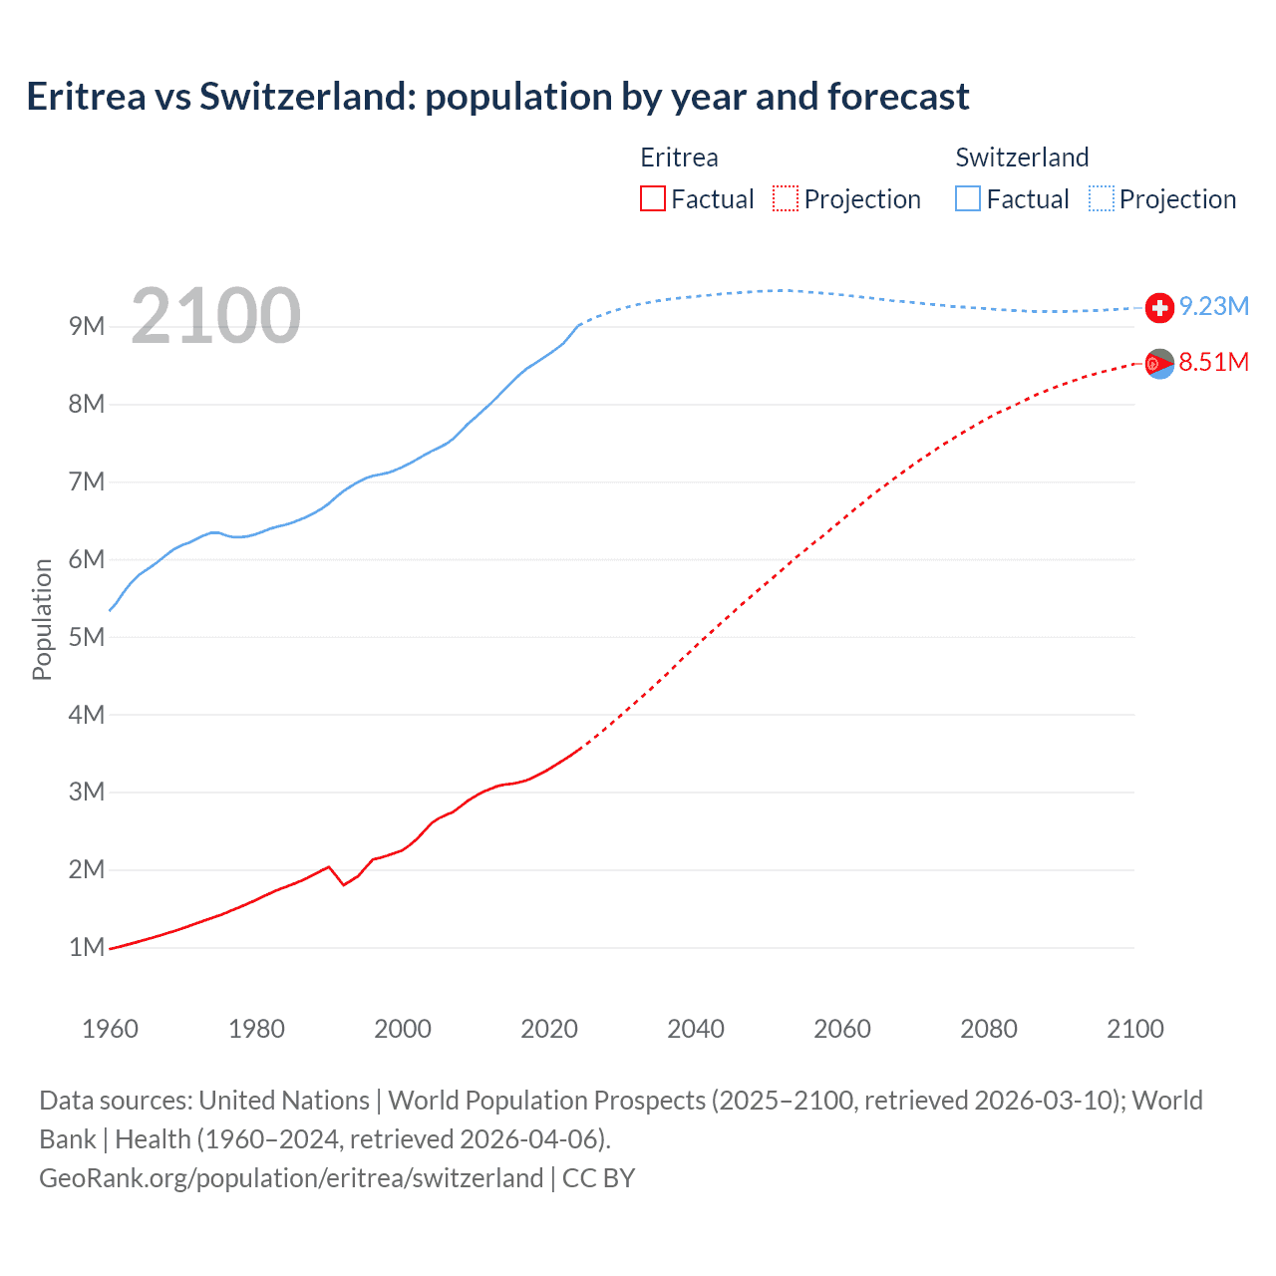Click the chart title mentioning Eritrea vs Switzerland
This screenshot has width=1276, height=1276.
pos(497,97)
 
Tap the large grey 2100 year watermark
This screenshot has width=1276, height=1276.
pos(215,316)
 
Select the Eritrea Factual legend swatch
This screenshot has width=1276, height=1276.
pos(652,198)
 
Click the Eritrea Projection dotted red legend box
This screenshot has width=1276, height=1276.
pos(786,198)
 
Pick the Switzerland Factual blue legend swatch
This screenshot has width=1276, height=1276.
pos(968,198)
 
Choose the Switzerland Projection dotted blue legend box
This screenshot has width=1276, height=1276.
pos(1101,198)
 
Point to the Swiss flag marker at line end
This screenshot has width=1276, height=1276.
pos(1159,308)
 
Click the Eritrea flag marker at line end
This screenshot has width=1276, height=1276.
pos(1159,364)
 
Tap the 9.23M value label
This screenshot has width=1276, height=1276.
pos(1214,306)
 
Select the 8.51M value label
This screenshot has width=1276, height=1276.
pos(1214,362)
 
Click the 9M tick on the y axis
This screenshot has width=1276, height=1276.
pos(87,327)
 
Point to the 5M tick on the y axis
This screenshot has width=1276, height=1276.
pos(87,637)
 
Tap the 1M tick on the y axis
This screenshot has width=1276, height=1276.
pos(87,947)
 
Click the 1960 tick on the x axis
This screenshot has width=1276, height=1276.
pos(110,1029)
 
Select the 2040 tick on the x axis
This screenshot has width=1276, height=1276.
pos(696,1029)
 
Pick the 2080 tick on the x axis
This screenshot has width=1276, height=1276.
pos(989,1029)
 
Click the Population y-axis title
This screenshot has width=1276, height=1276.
pos(42,619)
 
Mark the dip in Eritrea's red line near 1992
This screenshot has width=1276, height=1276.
pos(344,884)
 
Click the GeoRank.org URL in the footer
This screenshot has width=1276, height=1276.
pos(291,1178)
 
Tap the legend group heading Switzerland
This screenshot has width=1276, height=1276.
pos(1022,158)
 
